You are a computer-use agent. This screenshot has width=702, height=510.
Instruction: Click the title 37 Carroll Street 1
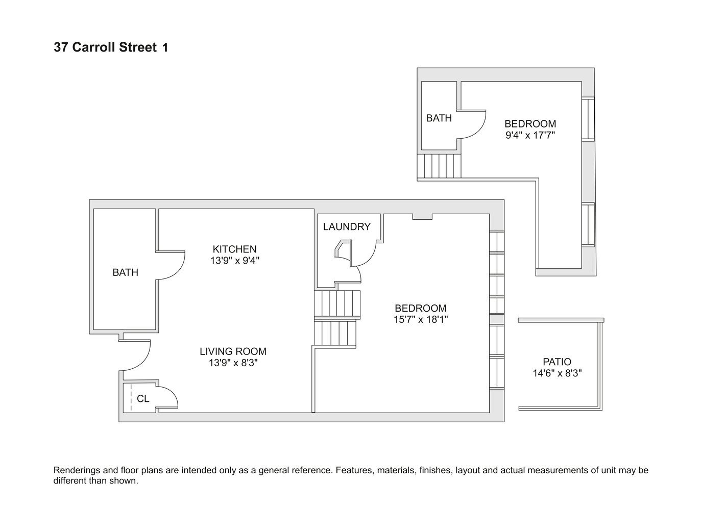coord(111,47)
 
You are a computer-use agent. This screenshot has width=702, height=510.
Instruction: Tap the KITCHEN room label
coord(234,249)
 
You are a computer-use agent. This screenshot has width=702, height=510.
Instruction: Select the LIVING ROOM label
coord(233,351)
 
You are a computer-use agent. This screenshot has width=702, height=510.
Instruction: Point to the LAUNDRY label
coord(347,227)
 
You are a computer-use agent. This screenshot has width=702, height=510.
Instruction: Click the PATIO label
coord(557,362)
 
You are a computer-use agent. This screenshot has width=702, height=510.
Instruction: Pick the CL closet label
coord(143,399)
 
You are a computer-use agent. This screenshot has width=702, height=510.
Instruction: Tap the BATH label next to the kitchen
coord(125,272)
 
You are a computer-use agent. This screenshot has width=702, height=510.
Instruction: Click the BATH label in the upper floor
coord(439,118)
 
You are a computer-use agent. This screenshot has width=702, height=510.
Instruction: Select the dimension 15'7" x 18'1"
coord(421,320)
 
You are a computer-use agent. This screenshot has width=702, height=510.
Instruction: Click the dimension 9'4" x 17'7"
coord(530,135)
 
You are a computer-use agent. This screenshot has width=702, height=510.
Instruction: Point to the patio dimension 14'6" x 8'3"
coord(557,373)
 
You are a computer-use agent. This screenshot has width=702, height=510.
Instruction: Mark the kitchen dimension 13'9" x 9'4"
coord(234,261)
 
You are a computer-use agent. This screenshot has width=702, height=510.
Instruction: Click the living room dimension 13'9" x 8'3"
coord(233,363)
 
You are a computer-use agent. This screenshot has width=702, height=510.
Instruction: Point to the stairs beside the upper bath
coord(439,165)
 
